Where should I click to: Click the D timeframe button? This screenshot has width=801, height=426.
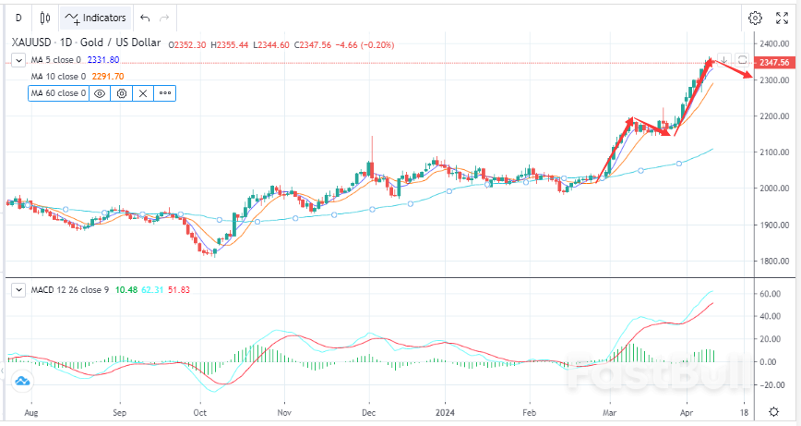coord(18,18)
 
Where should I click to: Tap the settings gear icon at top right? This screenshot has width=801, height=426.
coord(755,18)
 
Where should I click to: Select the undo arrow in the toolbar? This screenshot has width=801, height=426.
coord(143,18)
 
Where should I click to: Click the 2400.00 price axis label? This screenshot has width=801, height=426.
coord(773,43)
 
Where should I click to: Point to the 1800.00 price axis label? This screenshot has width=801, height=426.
coord(773,261)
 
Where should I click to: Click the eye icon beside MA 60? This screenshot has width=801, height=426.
coord(100,93)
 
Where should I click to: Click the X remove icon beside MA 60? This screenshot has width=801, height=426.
coord(142,93)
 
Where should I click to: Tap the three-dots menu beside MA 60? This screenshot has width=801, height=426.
coord(164,93)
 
